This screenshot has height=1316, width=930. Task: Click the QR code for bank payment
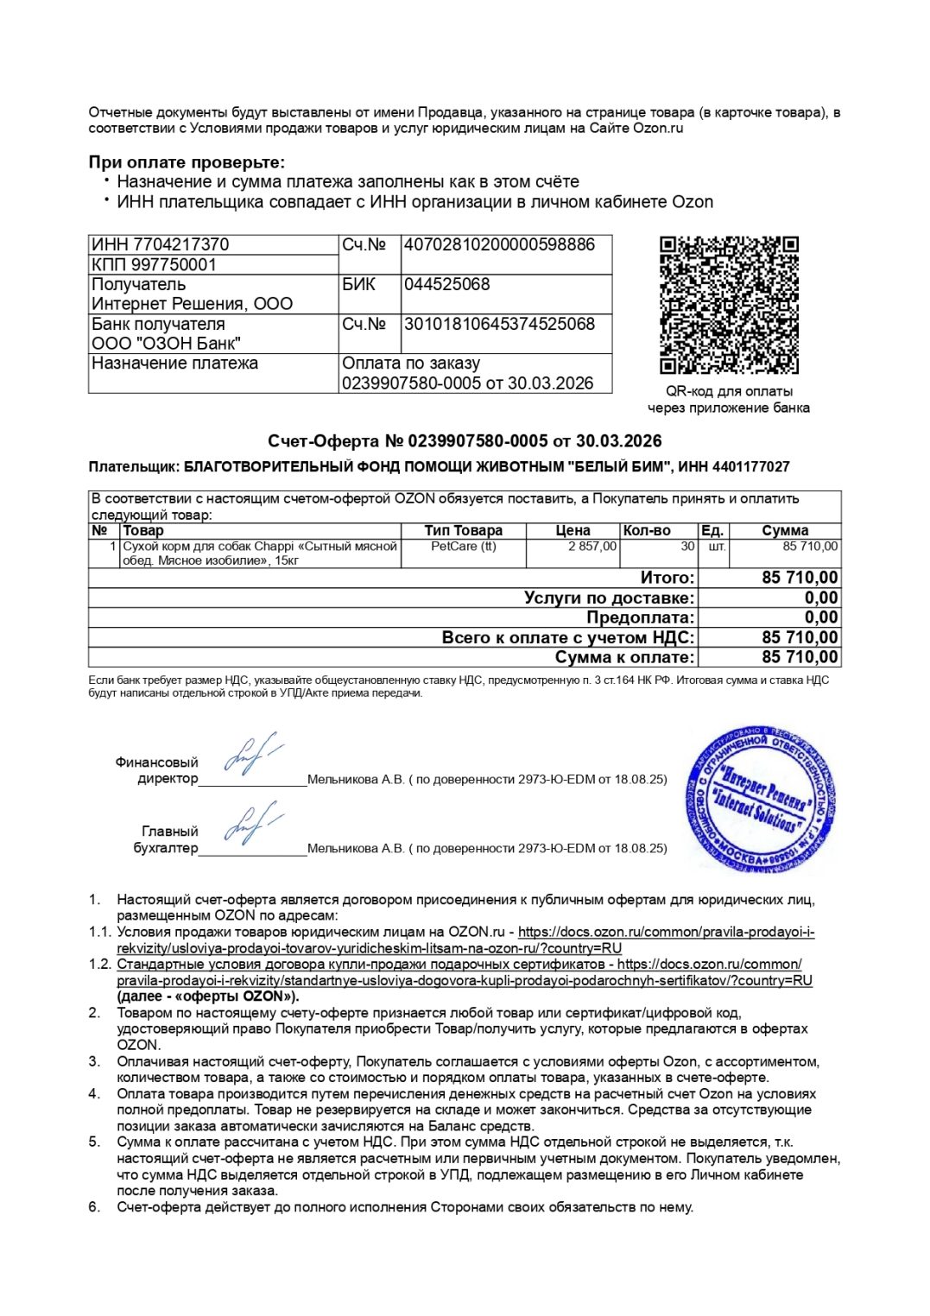point(729,305)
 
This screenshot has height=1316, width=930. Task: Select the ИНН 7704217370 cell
point(161,244)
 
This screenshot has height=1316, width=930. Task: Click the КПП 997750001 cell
point(154,264)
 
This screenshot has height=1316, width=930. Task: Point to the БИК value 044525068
point(446,284)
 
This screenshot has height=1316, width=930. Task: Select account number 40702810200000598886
point(499,244)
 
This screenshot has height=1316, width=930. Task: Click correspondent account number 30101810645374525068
point(499,324)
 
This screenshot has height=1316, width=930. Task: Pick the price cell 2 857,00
point(592,546)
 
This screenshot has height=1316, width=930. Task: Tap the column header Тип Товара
point(463,530)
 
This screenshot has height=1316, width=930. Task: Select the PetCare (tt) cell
point(463,546)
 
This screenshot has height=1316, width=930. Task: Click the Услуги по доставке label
point(608,598)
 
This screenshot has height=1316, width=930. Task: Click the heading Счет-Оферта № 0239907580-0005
point(465,441)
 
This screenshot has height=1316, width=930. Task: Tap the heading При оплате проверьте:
point(187,162)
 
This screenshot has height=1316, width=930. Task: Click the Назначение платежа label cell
point(174,364)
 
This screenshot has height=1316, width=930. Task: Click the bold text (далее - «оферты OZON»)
point(208,996)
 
